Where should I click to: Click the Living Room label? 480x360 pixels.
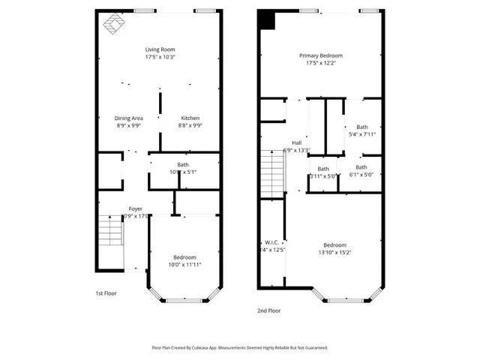(160, 49)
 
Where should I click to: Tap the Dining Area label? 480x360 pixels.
(128, 118)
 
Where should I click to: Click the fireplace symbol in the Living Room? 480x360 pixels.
(114, 25)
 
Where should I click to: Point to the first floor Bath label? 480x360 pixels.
(182, 164)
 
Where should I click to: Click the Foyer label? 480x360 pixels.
(135, 208)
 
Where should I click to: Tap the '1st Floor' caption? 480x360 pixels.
(106, 293)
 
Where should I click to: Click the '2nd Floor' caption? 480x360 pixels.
(268, 310)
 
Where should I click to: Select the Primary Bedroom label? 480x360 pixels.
(320, 55)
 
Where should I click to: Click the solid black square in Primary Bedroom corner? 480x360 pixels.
(266, 21)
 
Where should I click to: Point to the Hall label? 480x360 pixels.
(297, 142)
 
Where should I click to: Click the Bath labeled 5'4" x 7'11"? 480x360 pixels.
(362, 127)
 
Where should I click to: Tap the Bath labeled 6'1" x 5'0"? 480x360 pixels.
(361, 167)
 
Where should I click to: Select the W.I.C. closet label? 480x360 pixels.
(271, 241)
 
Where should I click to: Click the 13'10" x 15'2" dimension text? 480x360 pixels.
(334, 253)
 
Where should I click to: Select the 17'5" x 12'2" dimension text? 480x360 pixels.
(320, 63)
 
